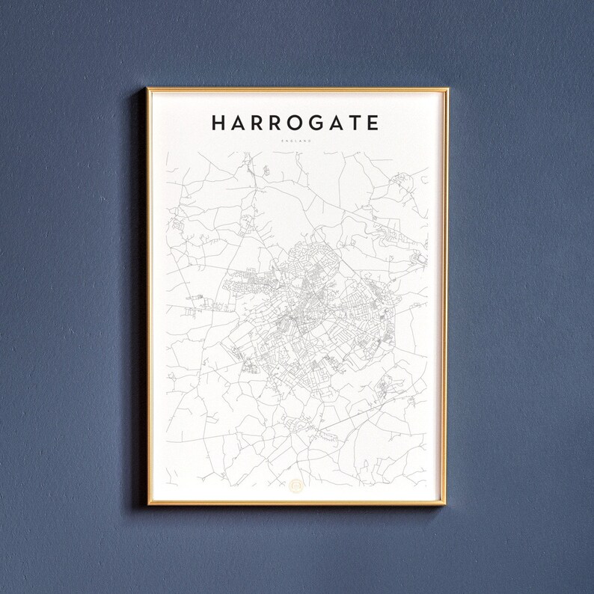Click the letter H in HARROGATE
point(219,123)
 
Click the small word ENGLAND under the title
point(297,140)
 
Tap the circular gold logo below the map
point(297,486)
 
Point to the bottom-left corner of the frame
point(148,504)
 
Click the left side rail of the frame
point(148,299)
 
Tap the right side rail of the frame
point(446,299)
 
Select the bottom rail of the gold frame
point(297,504)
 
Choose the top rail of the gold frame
point(297,90)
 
